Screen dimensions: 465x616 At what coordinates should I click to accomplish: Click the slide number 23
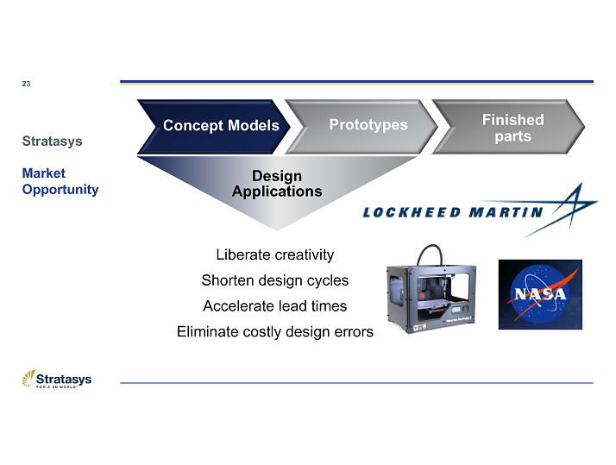26,84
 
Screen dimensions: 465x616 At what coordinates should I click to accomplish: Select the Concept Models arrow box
221,125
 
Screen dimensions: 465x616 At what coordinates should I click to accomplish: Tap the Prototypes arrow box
368,125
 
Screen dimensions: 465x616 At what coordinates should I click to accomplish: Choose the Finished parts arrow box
512,128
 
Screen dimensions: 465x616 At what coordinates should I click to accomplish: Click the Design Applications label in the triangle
276,184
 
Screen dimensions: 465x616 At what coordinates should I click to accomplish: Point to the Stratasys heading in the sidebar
52,140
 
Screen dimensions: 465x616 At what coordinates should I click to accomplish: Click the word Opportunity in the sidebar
60,189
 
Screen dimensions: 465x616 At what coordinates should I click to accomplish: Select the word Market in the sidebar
43,173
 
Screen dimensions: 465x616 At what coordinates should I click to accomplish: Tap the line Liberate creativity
274,254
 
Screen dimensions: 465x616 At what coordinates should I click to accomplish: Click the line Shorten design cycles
274,280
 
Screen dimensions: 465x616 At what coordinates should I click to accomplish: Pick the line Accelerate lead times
274,305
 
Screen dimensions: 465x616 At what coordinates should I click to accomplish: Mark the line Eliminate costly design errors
274,331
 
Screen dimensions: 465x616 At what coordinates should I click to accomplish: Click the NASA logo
540,293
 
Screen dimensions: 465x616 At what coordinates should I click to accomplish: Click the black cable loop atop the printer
432,253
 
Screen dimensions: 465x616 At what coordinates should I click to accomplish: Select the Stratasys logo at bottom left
57,380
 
